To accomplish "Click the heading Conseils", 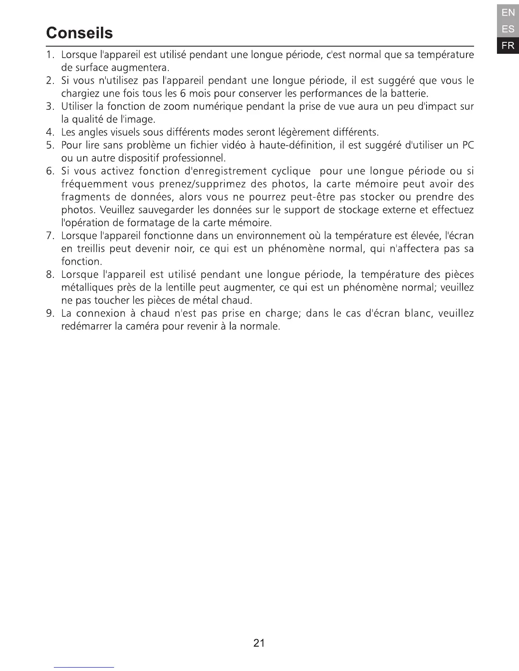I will pyautogui.click(x=79, y=33).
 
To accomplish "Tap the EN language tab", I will pyautogui.click(x=508, y=13).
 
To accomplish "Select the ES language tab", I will pyautogui.click(x=508, y=29).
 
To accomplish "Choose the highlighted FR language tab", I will pyautogui.click(x=508, y=45).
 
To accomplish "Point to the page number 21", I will pyautogui.click(x=259, y=643).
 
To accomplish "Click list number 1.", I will pyautogui.click(x=50, y=55).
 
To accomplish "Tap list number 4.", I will pyautogui.click(x=50, y=133).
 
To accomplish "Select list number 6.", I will pyautogui.click(x=50, y=171).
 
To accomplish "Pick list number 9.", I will pyautogui.click(x=50, y=313).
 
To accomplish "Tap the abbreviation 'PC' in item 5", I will pyautogui.click(x=468, y=145).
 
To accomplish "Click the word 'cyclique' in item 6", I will pyautogui.click(x=290, y=171).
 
